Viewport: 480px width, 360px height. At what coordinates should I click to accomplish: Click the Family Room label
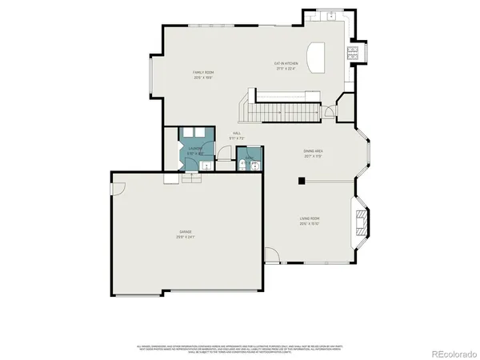203,74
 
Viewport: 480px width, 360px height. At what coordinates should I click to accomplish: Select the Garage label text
186,234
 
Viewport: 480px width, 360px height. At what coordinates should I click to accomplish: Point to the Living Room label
310,222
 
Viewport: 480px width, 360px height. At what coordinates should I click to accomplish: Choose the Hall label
237,135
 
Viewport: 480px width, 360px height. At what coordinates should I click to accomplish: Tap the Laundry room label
195,150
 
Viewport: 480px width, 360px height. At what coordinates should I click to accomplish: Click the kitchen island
318,57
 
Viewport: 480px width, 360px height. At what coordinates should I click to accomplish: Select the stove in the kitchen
351,54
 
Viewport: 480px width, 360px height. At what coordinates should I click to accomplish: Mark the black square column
301,182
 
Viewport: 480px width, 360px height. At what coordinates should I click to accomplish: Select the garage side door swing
118,190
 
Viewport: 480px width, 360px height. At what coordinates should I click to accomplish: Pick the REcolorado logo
453,353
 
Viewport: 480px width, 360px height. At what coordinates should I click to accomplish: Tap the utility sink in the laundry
206,166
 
